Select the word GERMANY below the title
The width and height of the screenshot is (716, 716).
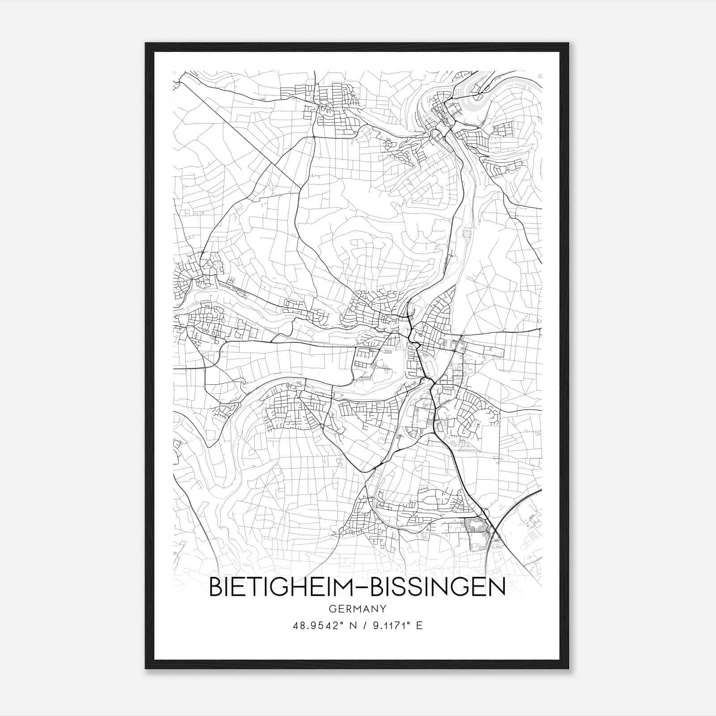(x=358, y=609)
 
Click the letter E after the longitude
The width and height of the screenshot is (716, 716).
(x=419, y=626)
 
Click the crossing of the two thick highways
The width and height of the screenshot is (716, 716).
(x=492, y=530)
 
